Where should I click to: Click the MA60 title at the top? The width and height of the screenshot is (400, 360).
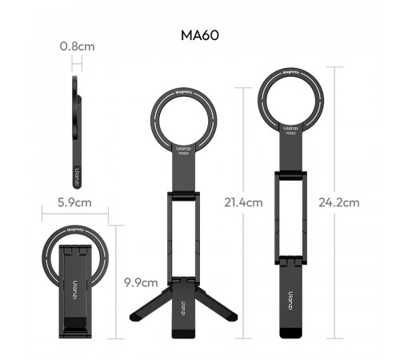tap(201, 36)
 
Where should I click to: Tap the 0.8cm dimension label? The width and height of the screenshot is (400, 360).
tap(78, 46)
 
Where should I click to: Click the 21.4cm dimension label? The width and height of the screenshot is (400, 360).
tap(243, 202)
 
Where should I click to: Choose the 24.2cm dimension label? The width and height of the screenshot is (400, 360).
tap(339, 202)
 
